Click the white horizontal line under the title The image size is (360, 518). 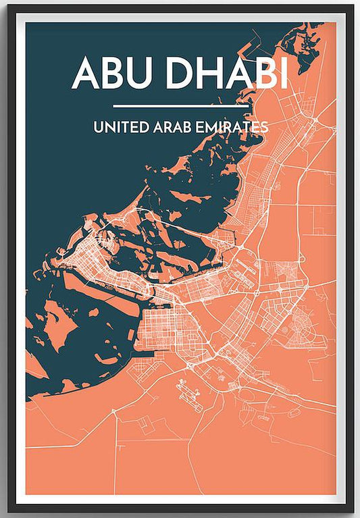click(x=180, y=106)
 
